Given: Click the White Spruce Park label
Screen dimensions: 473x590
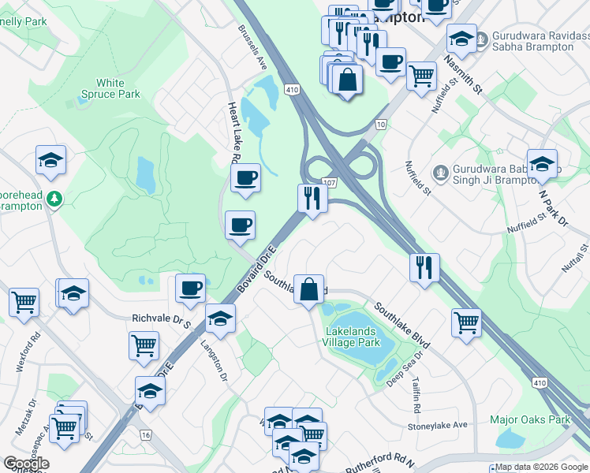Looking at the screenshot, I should pos(110,88).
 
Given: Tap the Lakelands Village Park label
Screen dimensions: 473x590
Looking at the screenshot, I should pos(353,337).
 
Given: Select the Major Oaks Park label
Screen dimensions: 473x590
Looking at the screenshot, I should pos(529,419).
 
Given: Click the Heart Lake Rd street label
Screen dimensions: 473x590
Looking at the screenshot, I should pos(233,131).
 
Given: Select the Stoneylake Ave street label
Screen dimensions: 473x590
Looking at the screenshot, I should pos(438,425).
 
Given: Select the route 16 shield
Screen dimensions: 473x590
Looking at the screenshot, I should pos(144,434).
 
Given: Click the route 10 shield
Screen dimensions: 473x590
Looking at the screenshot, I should pos(381,125).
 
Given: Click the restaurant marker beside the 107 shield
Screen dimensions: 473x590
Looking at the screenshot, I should pos(312,198).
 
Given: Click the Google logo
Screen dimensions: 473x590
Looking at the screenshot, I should pos(26,464).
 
